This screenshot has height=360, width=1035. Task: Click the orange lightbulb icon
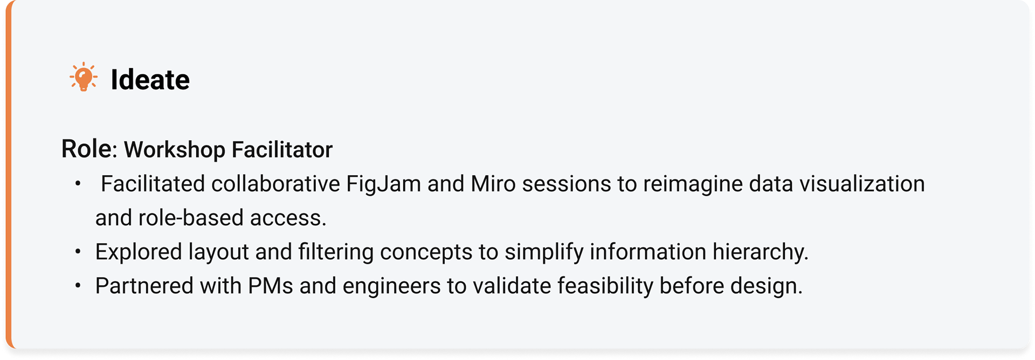click(x=84, y=77)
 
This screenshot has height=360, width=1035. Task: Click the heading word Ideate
click(x=150, y=80)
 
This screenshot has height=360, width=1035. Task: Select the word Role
click(x=86, y=149)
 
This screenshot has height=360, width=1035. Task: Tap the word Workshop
click(x=174, y=150)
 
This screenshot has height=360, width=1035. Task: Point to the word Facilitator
click(x=282, y=149)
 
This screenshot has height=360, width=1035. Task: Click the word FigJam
click(x=383, y=184)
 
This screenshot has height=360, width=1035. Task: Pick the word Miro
click(x=493, y=184)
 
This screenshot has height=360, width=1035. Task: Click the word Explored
click(x=139, y=252)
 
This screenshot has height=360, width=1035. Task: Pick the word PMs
click(x=270, y=286)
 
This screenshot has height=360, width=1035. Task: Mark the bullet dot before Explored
click(x=78, y=252)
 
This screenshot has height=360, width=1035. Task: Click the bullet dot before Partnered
click(x=78, y=286)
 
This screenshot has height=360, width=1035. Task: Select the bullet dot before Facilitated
click(x=78, y=184)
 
